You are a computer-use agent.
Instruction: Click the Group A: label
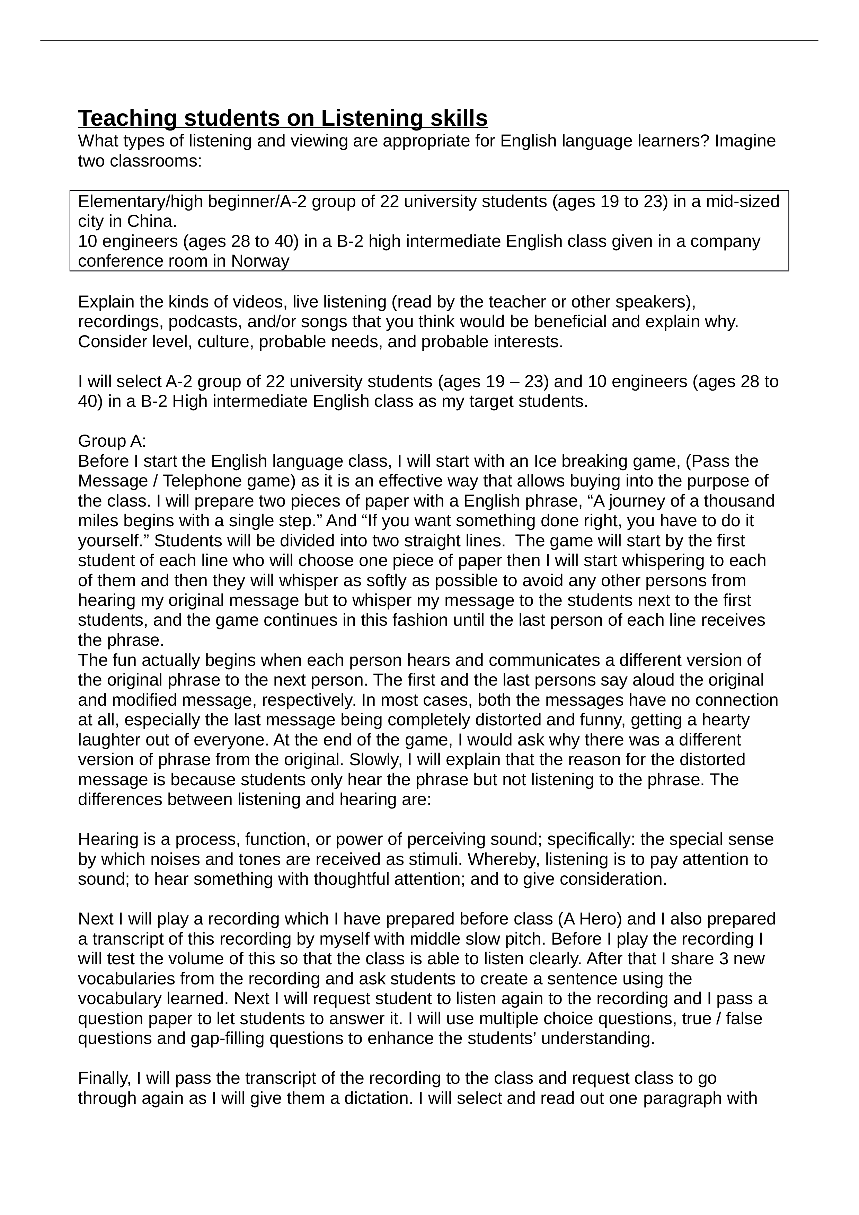112,441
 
